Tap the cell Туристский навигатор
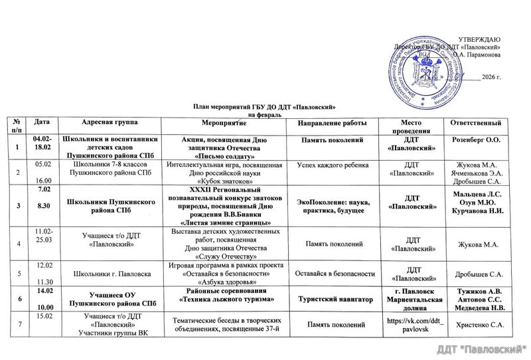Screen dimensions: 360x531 pyautogui.click(x=331, y=301)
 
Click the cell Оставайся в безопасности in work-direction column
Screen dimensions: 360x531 pyautogui.click(x=331, y=274)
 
